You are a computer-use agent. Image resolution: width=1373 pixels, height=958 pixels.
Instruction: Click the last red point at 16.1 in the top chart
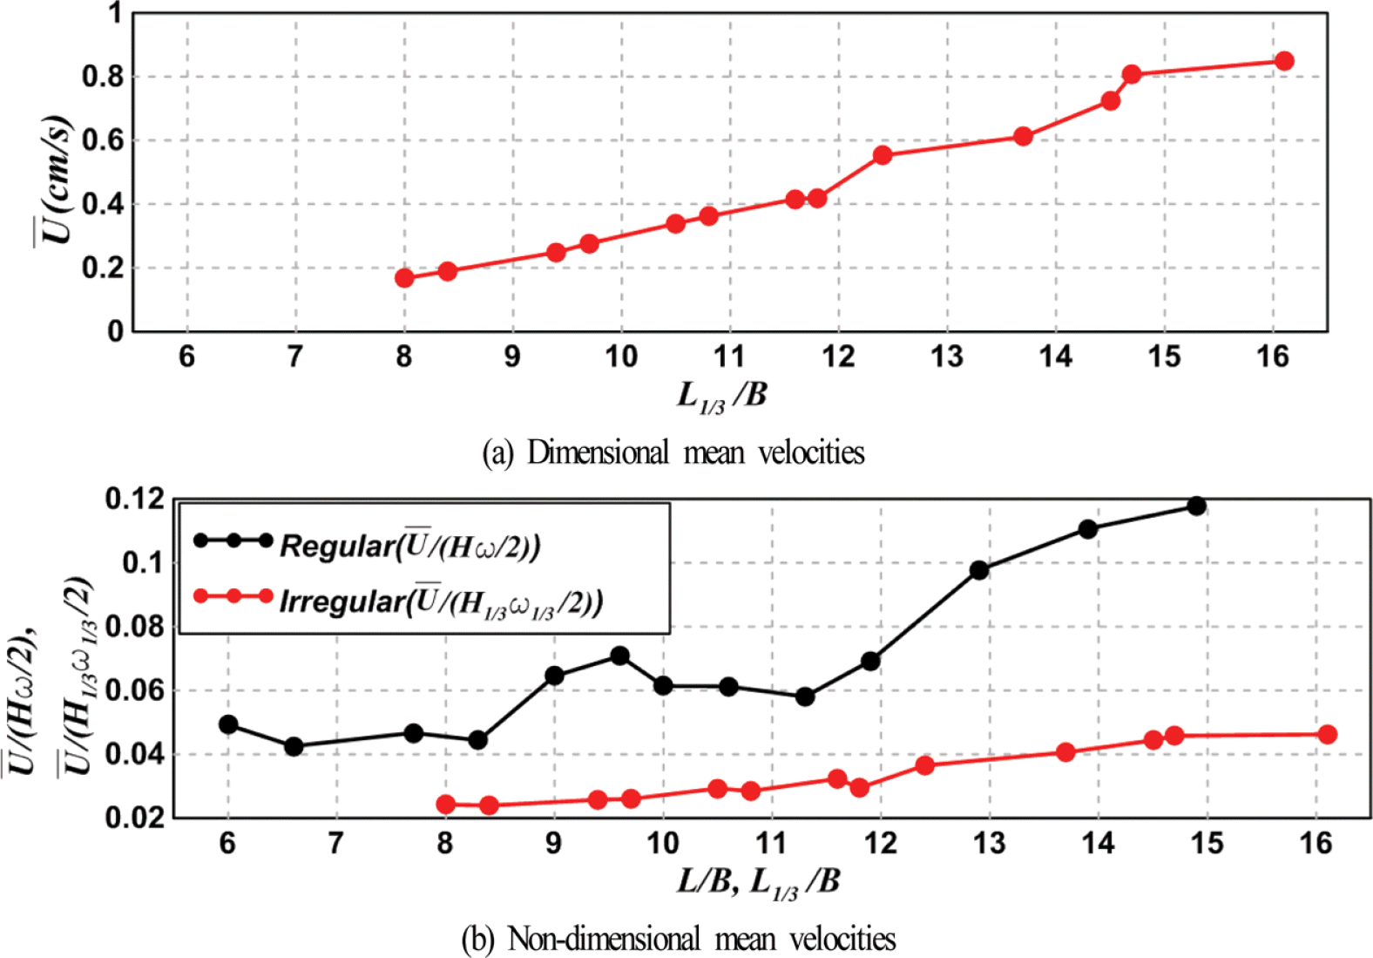[1283, 61]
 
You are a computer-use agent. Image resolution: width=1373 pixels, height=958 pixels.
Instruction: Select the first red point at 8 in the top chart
[404, 278]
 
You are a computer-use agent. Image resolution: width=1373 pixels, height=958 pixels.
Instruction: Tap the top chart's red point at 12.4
[883, 155]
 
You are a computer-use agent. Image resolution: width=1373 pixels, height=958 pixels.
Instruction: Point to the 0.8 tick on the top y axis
[104, 78]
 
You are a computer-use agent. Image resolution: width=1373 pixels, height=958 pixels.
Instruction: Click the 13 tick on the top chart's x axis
[947, 357]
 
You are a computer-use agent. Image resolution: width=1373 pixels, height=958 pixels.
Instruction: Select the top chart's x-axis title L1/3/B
[722, 396]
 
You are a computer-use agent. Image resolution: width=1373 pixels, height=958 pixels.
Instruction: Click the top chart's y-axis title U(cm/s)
[54, 179]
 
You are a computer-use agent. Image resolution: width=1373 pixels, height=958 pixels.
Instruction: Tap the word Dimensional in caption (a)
[598, 453]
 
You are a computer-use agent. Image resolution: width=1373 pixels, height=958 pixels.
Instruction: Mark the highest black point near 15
[1196, 506]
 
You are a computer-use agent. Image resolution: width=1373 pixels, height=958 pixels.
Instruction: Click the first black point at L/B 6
[228, 724]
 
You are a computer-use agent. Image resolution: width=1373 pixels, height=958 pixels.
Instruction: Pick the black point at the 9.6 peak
[619, 656]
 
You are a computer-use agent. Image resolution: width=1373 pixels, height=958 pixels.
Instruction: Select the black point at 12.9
[979, 570]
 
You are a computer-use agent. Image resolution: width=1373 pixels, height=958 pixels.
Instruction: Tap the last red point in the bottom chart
[1327, 735]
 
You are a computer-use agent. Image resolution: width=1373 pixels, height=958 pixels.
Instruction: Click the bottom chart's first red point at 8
[446, 804]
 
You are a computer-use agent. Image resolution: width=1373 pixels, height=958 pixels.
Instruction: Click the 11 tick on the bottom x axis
[771, 843]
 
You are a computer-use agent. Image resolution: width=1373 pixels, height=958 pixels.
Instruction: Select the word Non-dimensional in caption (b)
[604, 940]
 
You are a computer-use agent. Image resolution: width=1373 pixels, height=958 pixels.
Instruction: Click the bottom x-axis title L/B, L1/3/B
[758, 882]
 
